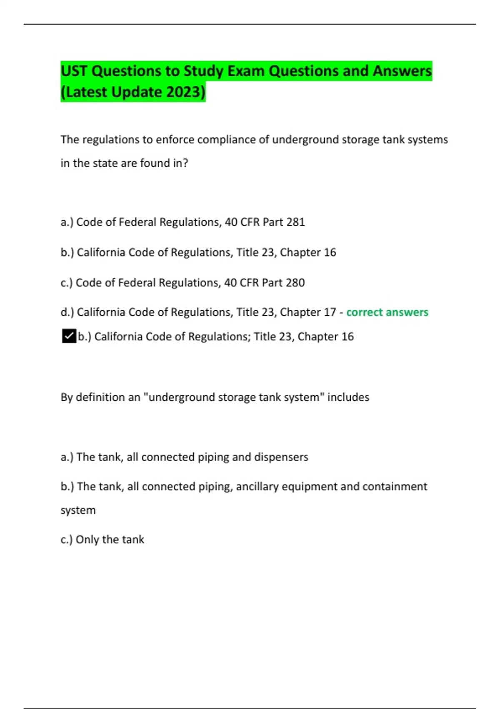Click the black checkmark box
(69, 336)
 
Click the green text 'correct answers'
(387, 312)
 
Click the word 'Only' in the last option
(87, 540)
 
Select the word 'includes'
(348, 397)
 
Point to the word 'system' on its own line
(78, 510)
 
